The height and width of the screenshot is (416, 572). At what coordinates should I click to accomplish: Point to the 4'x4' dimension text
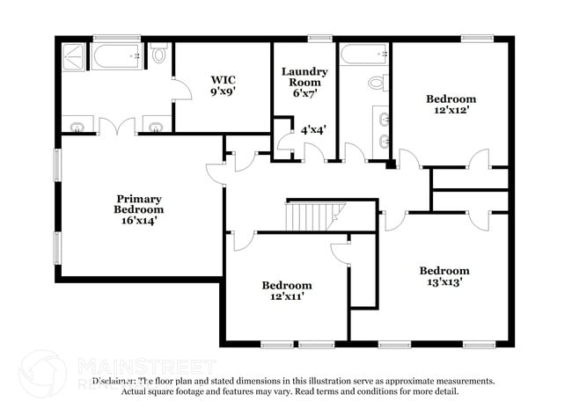click(313, 129)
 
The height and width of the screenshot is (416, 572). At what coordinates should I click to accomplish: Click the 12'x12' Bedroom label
click(451, 105)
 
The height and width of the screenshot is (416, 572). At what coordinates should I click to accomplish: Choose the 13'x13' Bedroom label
click(444, 276)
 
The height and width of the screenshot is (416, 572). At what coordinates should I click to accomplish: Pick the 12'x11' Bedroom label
click(287, 291)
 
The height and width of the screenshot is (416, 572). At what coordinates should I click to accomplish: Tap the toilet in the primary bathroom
click(159, 55)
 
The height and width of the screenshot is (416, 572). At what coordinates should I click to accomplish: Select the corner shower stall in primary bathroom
click(72, 57)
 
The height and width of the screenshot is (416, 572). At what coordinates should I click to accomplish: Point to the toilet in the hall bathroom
click(377, 84)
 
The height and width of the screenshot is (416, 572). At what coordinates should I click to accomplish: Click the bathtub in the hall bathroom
click(364, 55)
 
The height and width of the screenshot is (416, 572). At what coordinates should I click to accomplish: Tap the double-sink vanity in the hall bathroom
click(381, 128)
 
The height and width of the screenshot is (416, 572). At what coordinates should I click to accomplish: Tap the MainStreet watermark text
click(147, 364)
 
